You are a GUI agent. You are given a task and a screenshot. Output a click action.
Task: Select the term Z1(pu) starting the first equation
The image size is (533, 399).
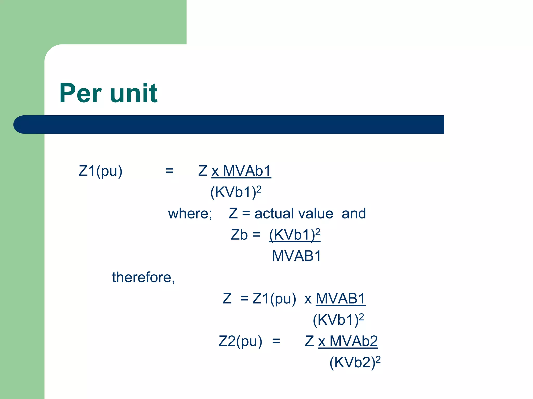coord(100,171)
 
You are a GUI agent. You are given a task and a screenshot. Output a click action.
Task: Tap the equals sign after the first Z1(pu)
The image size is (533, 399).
coord(169,171)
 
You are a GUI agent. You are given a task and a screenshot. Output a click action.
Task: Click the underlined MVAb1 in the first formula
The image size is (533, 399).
coord(247,171)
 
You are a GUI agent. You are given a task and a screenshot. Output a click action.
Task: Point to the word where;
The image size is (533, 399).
coord(190,214)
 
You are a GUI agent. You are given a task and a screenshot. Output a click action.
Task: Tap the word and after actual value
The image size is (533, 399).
coord(353,214)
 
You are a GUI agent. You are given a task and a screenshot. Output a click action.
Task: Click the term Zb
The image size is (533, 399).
coord(239,235)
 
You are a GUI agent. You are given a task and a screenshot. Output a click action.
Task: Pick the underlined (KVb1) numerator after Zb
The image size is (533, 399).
coord(292,235)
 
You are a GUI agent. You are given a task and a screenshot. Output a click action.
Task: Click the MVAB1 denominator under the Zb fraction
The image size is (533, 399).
coord(296,256)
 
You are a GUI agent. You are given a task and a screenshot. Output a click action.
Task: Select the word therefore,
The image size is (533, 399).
coord(143,277)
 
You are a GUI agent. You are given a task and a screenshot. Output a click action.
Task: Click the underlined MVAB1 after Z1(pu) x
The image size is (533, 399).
coord(341,299)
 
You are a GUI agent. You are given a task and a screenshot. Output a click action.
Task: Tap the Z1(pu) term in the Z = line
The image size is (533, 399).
coord(274,299)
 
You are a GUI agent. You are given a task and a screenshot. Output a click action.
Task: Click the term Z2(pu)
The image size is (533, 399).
coord(240,341)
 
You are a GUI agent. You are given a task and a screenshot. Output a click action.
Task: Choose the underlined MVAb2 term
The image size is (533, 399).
coord(353,341)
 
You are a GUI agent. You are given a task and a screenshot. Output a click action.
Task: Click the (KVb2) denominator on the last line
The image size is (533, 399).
coord(352,363)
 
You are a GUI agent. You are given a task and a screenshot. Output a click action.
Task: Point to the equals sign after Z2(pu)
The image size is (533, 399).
coord(276,341)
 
